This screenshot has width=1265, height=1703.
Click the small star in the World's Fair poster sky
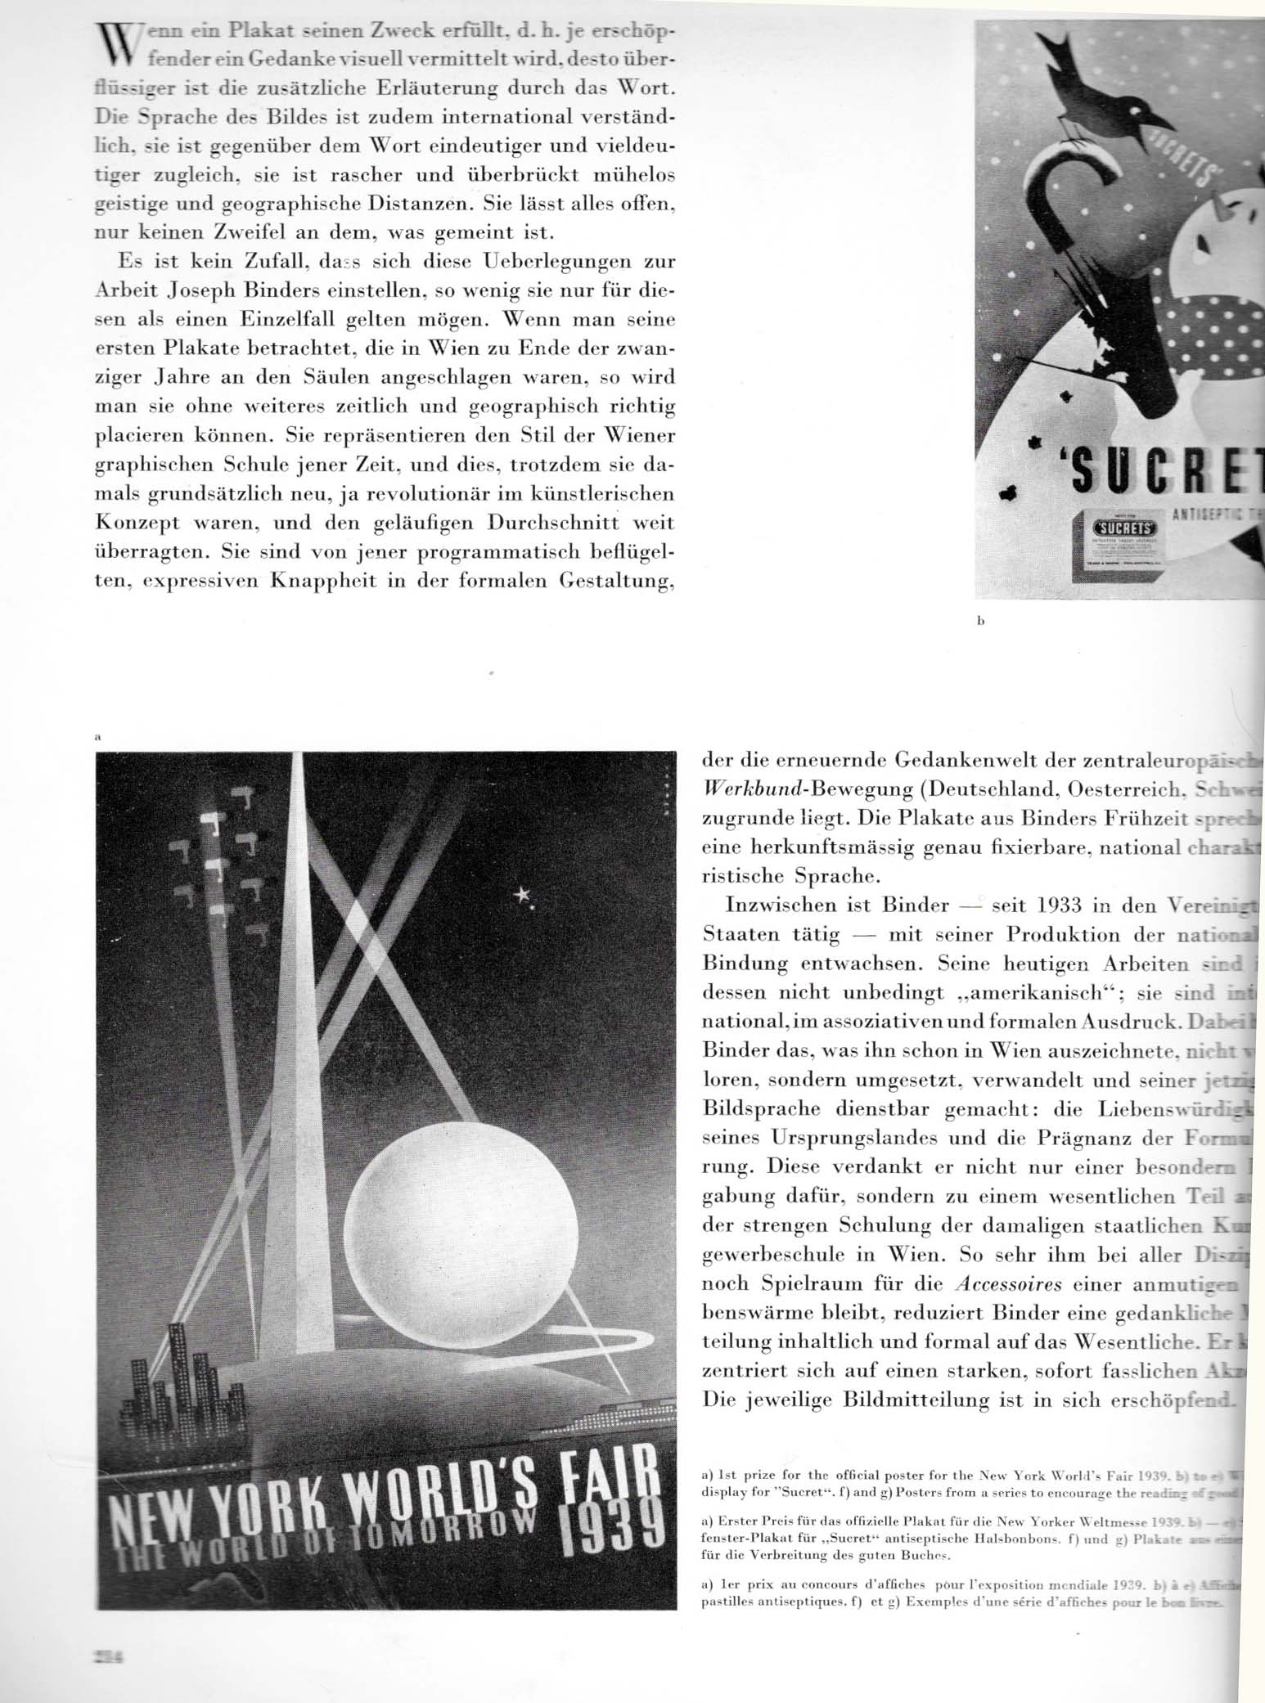[x=521, y=896]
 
